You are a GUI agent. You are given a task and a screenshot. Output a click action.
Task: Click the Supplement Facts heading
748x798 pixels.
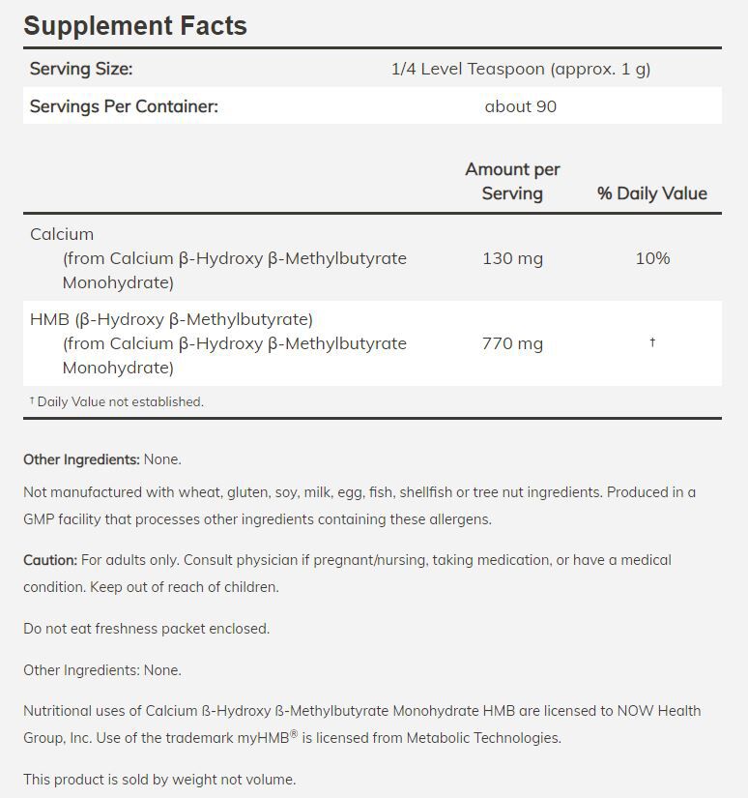[x=135, y=25]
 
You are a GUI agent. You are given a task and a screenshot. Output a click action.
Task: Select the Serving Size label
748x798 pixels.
[x=81, y=69]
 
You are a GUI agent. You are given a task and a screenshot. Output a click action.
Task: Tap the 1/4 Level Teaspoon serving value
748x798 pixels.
[x=521, y=69]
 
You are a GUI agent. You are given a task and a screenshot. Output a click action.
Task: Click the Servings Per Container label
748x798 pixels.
[x=124, y=106]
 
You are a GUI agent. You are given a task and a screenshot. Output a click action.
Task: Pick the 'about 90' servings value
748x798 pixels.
[x=521, y=106]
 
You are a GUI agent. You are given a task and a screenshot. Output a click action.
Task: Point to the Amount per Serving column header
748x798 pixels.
[x=512, y=181]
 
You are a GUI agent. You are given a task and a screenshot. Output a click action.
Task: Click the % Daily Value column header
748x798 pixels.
[x=652, y=193]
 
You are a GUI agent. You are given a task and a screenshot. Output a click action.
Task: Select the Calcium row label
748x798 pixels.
[x=62, y=234]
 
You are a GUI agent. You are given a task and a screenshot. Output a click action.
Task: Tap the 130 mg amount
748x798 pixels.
[x=512, y=258]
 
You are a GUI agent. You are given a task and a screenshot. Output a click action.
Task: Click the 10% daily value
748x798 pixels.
[x=652, y=258]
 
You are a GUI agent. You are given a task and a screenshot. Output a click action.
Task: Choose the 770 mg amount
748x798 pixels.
[x=512, y=343]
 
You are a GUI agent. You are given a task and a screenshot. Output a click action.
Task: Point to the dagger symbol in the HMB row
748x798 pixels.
[x=652, y=342]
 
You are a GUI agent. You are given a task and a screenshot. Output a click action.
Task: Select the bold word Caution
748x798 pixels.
[x=49, y=560]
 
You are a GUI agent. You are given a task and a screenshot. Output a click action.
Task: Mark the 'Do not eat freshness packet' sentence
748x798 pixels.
[x=147, y=629]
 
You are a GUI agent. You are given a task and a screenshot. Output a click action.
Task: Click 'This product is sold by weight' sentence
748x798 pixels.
[x=159, y=780]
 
